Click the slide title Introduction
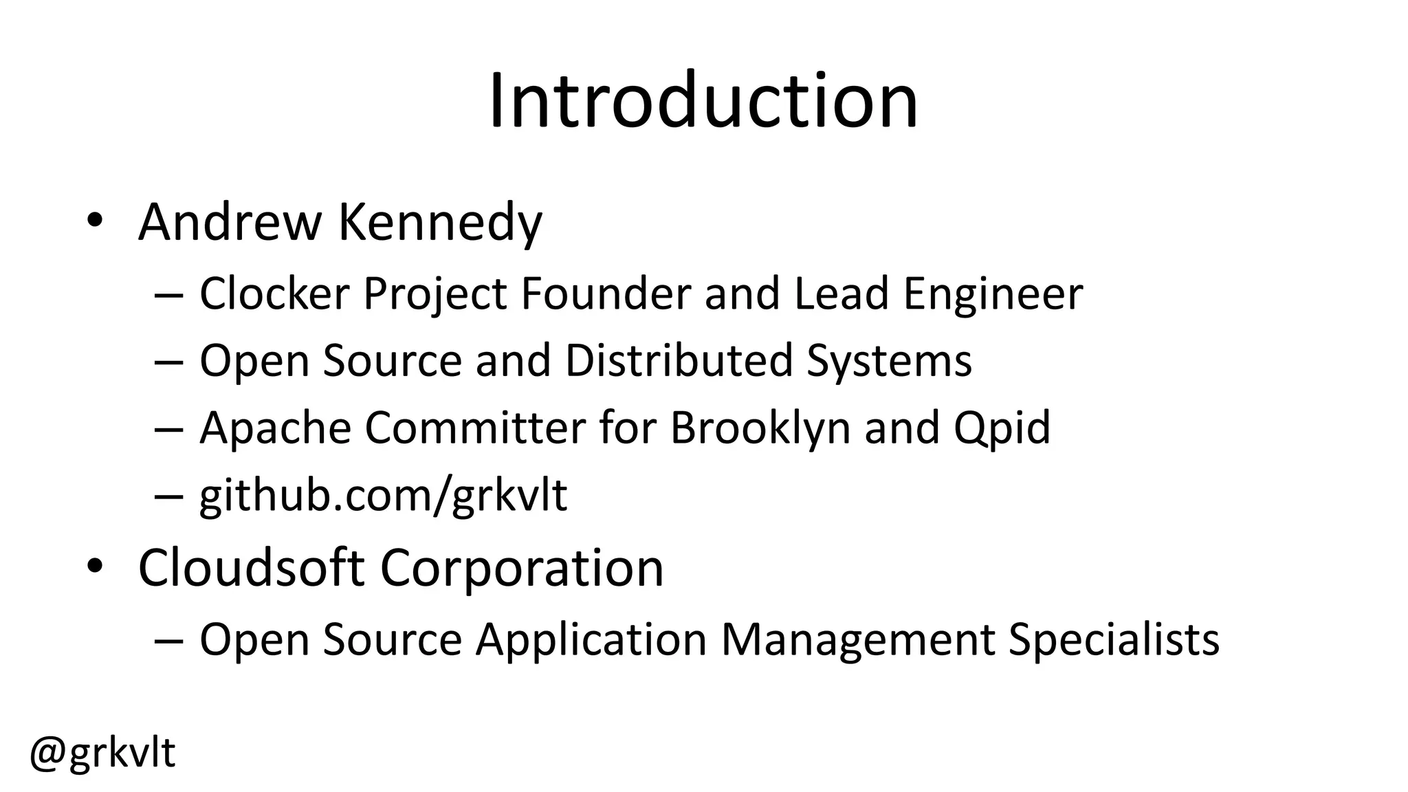[x=703, y=102]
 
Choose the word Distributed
[x=679, y=360]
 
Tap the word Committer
[x=475, y=428]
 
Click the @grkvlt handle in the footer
[x=102, y=754]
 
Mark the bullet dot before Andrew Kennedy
[x=94, y=221]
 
